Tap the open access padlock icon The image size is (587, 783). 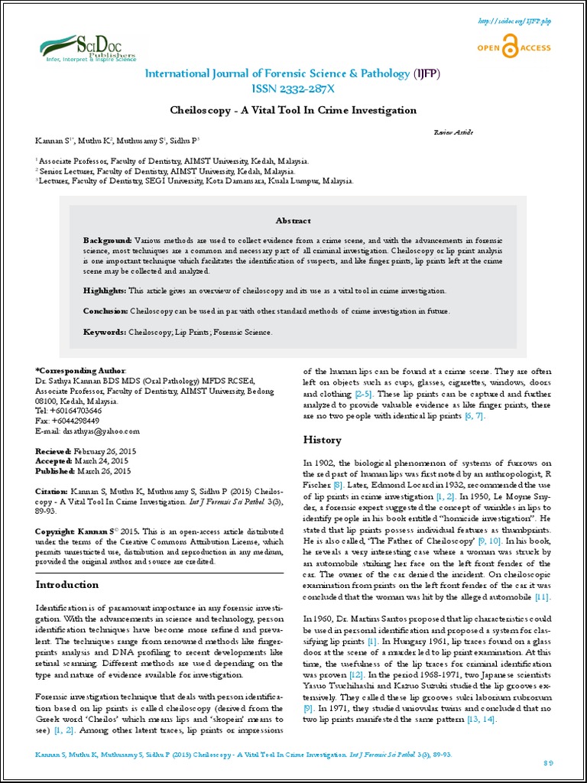click(507, 48)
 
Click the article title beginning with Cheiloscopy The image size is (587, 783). click(293, 110)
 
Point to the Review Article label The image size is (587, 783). click(452, 132)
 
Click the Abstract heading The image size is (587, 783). click(293, 220)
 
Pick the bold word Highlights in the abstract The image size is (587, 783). click(105, 291)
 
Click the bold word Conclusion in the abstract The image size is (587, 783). click(105, 311)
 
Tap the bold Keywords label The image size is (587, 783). click(104, 332)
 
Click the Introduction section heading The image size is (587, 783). click(67, 585)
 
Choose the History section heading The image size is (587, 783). click(323, 440)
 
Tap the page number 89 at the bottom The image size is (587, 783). click(548, 765)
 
